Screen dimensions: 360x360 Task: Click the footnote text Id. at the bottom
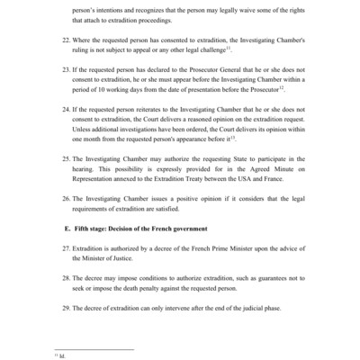pyautogui.click(x=61, y=356)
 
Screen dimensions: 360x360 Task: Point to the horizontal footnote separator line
pyautogui.click(x=94, y=349)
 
